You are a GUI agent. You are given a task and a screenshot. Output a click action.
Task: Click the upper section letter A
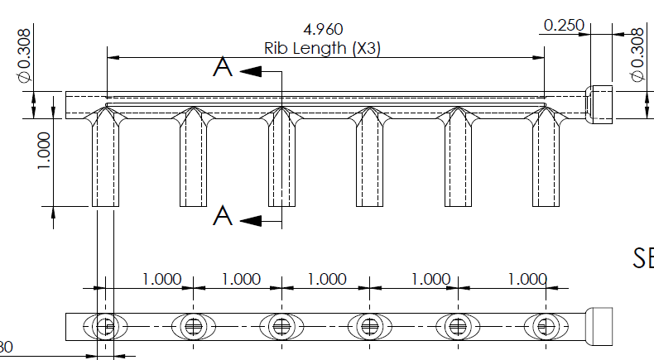coord(223,67)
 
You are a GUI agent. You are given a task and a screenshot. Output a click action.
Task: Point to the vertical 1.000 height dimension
coord(44,151)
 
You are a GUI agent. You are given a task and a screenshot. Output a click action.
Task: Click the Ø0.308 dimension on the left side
coord(24,55)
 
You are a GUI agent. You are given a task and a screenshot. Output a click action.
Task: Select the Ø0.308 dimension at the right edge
coord(637,55)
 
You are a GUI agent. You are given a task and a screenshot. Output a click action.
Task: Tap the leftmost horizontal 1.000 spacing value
coord(161,279)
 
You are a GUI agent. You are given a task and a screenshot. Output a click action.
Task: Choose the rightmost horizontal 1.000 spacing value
coord(527,279)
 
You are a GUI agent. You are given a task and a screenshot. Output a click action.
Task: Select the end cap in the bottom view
coord(599,325)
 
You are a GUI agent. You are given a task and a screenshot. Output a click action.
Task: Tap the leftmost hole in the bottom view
coord(104,326)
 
